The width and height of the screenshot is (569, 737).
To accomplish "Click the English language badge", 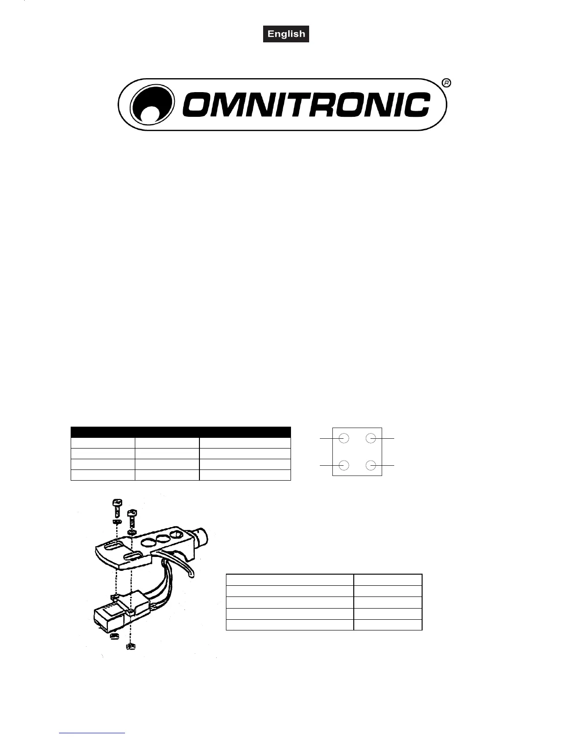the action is point(286,34).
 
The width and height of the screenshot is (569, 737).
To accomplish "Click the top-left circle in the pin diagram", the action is point(344,438).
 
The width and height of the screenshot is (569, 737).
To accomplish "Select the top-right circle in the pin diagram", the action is point(371,438).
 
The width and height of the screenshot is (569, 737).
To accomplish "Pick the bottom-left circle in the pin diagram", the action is point(344,465).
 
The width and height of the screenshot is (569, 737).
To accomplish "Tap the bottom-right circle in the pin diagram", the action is point(371,465).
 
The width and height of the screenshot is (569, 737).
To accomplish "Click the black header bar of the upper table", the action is point(180,431).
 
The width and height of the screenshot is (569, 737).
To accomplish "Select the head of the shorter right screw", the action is point(132,512).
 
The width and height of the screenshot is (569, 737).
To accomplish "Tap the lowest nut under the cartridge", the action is point(131,646).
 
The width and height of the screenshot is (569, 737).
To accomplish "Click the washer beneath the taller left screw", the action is point(117,522).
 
